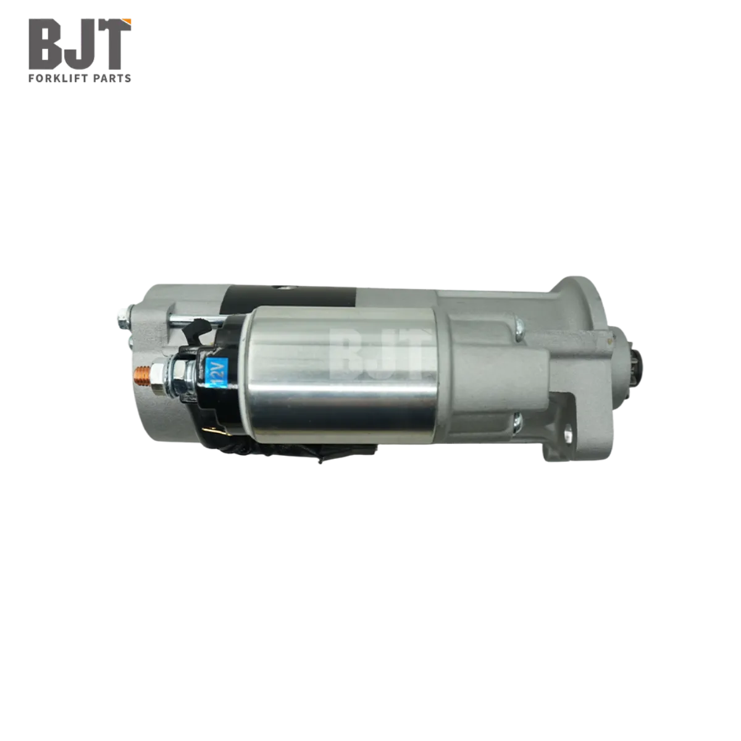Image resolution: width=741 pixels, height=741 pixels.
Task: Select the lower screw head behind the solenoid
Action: pos(518,422)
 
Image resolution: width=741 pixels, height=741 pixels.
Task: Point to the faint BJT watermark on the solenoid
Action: pos(375,352)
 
